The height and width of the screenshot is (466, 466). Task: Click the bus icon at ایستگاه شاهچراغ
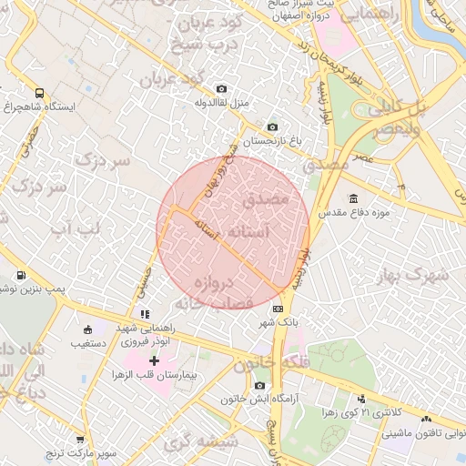coord(39,92)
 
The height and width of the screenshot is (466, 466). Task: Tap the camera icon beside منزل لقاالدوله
coord(221,88)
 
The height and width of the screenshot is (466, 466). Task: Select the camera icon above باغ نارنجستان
coord(271,127)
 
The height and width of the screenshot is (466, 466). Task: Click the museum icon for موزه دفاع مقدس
coord(353,198)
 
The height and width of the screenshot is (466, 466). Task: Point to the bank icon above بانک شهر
coord(277,309)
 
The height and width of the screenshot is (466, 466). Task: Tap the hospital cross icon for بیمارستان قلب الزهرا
coord(153,361)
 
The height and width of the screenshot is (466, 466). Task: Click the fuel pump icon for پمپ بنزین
coord(21,274)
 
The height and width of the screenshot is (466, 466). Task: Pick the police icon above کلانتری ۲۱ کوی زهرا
coord(362,398)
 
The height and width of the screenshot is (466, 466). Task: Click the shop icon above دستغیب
coord(87,329)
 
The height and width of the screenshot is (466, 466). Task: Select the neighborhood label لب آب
coord(75,227)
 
